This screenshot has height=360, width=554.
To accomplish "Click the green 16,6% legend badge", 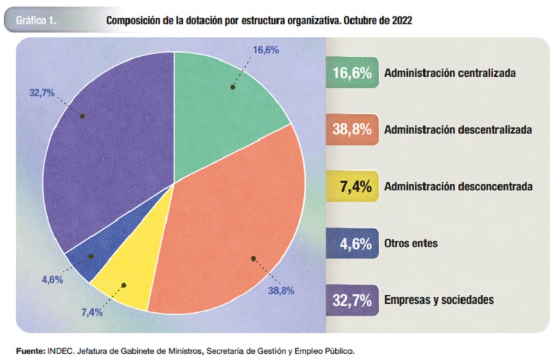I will click(x=353, y=72).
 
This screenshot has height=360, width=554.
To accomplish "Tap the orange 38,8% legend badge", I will click(x=353, y=129).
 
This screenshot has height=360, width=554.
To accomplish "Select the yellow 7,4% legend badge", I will click(x=353, y=186).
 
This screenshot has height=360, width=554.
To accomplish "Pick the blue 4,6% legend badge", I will click(x=353, y=244).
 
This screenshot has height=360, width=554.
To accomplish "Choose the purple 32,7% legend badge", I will click(x=353, y=300).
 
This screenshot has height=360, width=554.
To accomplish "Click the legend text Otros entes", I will click(x=411, y=244).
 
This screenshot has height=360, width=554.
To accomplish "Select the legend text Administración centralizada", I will click(x=451, y=72).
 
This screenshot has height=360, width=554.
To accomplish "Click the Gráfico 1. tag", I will click(x=41, y=20).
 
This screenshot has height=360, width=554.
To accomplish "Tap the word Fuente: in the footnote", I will click(x=31, y=350).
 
